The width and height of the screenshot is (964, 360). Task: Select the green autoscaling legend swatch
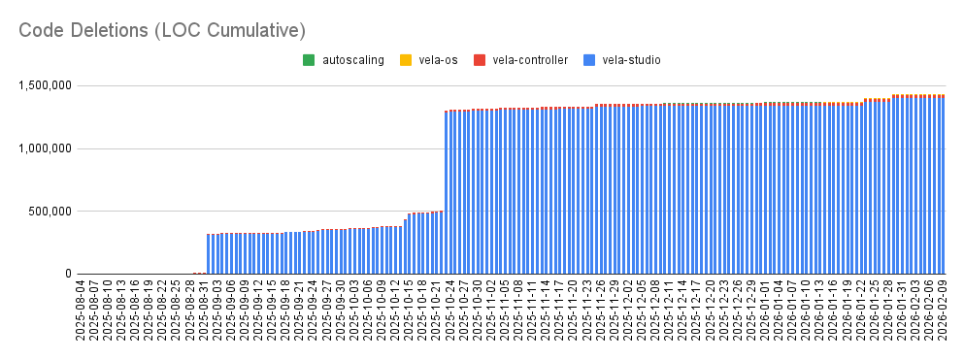tap(309, 60)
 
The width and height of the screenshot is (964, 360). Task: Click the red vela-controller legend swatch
tap(480, 60)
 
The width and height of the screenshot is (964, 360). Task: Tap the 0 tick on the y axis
tap(68, 274)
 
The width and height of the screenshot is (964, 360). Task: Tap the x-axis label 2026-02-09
tap(942, 310)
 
